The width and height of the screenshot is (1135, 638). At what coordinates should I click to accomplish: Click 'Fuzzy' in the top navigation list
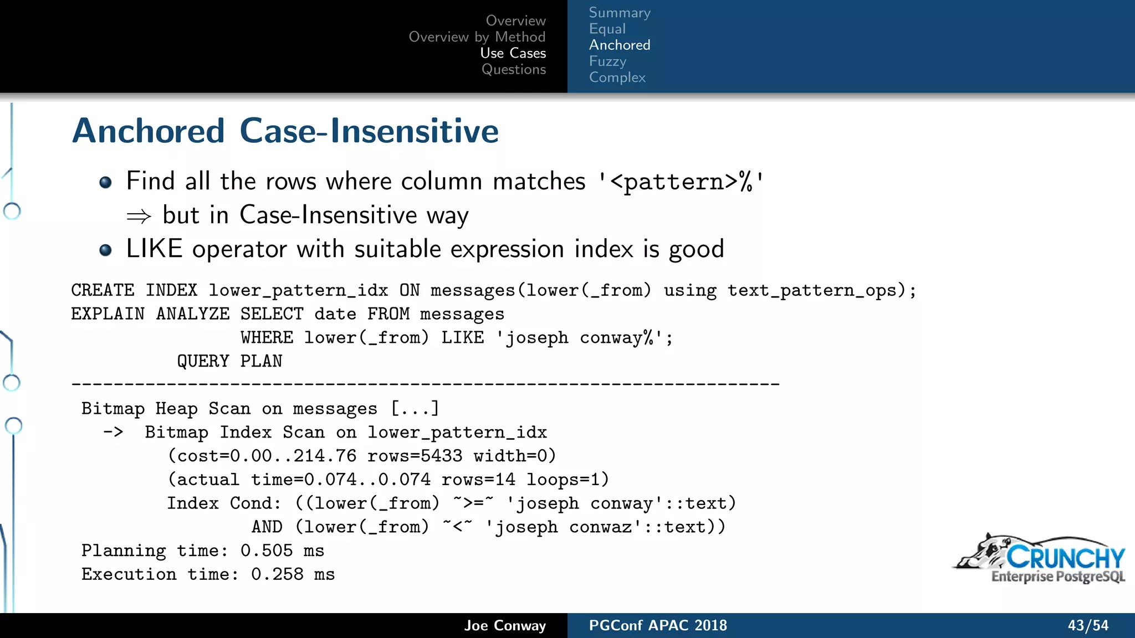coord(607,61)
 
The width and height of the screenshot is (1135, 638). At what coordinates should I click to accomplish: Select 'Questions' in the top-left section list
coord(513,69)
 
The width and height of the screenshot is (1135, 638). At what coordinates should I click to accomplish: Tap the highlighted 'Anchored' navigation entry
coord(619,45)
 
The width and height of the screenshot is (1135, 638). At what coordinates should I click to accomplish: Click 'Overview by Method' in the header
coord(477,37)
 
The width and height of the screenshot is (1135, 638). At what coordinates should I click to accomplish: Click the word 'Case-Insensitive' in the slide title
coord(369,131)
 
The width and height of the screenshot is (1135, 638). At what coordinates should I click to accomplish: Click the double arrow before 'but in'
coord(139,216)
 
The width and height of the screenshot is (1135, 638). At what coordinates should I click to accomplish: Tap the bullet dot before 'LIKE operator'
coord(105,250)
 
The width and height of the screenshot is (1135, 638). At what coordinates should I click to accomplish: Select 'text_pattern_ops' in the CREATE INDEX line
coord(812,290)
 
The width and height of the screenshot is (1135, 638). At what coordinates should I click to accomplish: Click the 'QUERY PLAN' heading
coord(229,361)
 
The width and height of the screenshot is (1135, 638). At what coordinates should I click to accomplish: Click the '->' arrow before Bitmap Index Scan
coord(113,432)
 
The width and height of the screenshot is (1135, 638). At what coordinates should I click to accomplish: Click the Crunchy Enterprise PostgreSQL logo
coord(1040,559)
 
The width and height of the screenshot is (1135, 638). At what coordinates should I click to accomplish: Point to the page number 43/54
coord(1087,626)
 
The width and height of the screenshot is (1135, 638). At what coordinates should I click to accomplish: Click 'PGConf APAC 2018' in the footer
coord(657,626)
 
